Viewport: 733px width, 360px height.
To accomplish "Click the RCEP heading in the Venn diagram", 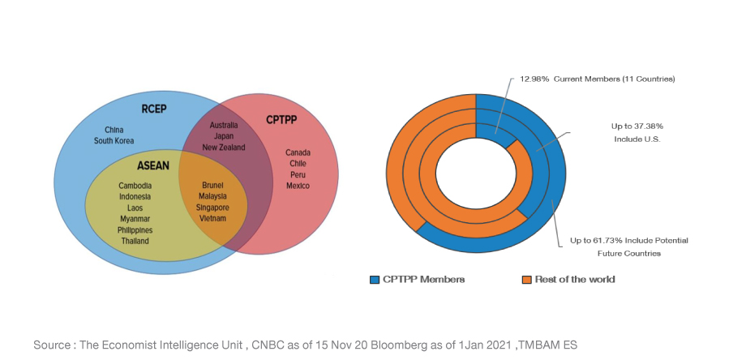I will (x=153, y=109).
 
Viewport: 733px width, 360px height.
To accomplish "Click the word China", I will (x=114, y=130).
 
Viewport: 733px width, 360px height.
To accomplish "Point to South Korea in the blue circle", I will (x=114, y=140).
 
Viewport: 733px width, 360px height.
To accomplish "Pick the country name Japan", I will (x=224, y=136).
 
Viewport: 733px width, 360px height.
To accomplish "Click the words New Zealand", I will (x=224, y=148).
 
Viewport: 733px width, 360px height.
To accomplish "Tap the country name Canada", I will (x=298, y=152).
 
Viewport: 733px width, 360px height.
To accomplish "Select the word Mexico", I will (x=298, y=186).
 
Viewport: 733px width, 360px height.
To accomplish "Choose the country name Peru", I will (x=298, y=174).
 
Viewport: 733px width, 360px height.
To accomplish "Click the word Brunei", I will (x=212, y=185).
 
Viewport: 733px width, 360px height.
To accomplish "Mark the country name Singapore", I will (x=212, y=207).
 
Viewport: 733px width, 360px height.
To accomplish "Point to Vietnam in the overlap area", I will (x=212, y=218).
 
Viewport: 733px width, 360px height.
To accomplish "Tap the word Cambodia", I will (x=135, y=186).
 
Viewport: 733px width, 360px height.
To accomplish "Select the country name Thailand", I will (x=135, y=241).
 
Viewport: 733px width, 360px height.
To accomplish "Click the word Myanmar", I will (x=135, y=219).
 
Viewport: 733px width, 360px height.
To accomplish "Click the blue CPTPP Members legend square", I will (x=375, y=280).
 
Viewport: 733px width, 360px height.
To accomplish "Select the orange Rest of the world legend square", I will (x=526, y=280).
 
